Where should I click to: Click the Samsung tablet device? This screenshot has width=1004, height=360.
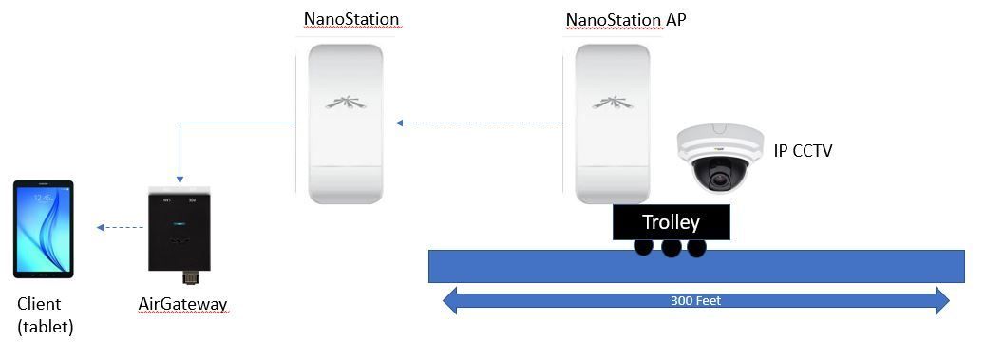[44, 229]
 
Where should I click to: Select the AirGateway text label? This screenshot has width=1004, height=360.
[182, 303]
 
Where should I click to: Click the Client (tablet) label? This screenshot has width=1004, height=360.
[45, 315]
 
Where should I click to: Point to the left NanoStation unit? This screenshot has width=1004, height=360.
[345, 123]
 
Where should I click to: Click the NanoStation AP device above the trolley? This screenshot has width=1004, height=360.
[613, 123]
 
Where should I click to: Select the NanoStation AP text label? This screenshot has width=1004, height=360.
[626, 19]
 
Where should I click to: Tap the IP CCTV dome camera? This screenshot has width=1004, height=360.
[720, 158]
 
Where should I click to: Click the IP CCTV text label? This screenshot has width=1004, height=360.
[803, 151]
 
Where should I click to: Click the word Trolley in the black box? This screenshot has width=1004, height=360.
[671, 222]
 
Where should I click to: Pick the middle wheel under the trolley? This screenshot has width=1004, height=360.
[671, 247]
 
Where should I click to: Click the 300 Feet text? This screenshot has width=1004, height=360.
[695, 300]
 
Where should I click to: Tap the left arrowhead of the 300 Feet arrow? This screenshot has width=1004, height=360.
[450, 300]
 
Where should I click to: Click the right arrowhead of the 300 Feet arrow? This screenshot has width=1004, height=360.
[942, 300]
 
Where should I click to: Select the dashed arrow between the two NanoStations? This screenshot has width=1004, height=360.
[480, 123]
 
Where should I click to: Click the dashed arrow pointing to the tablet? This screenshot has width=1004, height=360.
[121, 227]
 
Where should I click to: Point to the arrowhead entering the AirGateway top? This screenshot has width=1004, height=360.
[180, 179]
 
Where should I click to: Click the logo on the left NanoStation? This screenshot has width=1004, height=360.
[345, 102]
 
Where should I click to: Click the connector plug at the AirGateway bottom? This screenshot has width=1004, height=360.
[190, 277]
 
